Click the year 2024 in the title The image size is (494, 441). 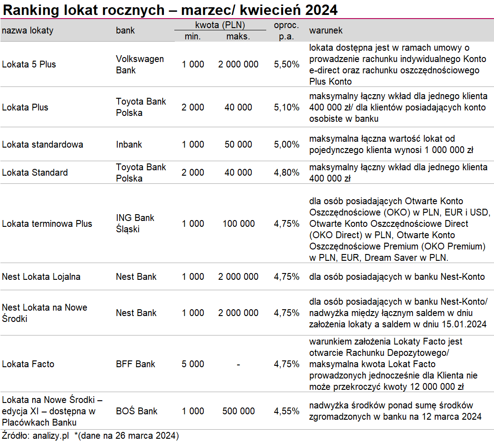[321, 10]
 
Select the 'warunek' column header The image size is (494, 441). [326, 30]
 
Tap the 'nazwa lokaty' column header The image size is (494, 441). [28, 30]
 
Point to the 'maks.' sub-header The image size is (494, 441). [238, 37]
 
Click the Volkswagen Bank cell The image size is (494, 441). [140, 64]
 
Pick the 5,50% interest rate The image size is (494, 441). [286, 64]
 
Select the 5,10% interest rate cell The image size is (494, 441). [286, 107]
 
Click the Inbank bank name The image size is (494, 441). [129, 144]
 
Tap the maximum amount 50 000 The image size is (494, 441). [238, 144]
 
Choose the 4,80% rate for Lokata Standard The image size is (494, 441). [286, 173]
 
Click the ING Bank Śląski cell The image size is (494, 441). [135, 223]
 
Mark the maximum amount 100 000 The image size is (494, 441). [239, 224]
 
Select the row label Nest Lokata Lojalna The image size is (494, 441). [41, 277]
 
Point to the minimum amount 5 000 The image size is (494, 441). [193, 364]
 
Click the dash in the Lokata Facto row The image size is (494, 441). [239, 364]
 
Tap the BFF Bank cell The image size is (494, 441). [135, 364]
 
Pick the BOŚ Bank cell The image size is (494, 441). [136, 411]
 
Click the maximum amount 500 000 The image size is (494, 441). [239, 411]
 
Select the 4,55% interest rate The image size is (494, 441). [286, 411]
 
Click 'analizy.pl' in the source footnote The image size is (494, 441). [51, 436]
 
